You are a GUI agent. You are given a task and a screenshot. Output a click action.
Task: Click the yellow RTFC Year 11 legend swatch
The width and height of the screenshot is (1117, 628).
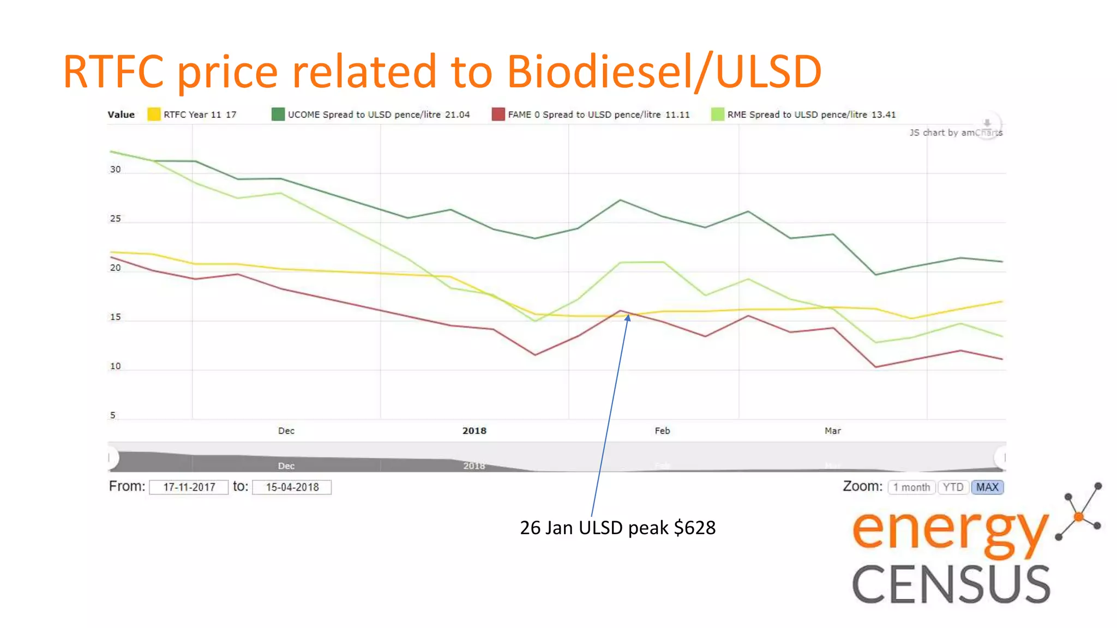point(154,114)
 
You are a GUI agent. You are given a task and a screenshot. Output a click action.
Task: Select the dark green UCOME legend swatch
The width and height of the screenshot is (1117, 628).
point(278,114)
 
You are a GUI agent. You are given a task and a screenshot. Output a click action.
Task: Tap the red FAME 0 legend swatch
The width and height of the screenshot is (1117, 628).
point(498,114)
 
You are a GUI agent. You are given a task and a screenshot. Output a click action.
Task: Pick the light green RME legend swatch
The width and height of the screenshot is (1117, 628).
point(718,114)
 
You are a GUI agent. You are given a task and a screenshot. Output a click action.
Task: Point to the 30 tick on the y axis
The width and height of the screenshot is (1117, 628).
point(115,170)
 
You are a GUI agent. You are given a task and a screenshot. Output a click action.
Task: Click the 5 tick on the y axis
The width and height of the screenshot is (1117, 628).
point(113,415)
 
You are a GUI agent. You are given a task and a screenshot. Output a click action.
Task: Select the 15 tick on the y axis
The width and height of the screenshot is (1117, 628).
point(115,317)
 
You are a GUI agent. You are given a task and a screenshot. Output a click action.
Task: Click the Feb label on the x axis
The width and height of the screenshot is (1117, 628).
point(662,431)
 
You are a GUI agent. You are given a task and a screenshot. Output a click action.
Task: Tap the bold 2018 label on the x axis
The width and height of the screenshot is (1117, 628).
point(474,431)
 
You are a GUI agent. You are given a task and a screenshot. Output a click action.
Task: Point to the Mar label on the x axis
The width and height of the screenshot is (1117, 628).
point(832,431)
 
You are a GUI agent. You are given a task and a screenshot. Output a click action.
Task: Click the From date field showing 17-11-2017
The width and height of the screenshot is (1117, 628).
point(189,487)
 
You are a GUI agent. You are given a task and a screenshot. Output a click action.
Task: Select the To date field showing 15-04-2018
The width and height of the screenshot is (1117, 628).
point(292,487)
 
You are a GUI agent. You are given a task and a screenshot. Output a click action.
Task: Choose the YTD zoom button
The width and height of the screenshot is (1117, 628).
point(953,487)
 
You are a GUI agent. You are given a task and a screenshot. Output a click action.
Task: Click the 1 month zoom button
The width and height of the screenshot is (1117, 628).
point(911,487)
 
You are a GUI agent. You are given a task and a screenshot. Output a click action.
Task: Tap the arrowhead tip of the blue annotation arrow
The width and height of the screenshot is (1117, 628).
point(628,315)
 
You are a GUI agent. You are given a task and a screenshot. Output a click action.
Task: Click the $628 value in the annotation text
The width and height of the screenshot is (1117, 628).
point(694,528)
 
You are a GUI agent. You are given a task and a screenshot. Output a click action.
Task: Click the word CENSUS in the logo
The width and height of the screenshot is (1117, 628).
point(951,584)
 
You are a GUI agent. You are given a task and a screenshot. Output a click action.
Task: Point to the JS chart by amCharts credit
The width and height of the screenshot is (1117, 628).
point(955,132)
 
